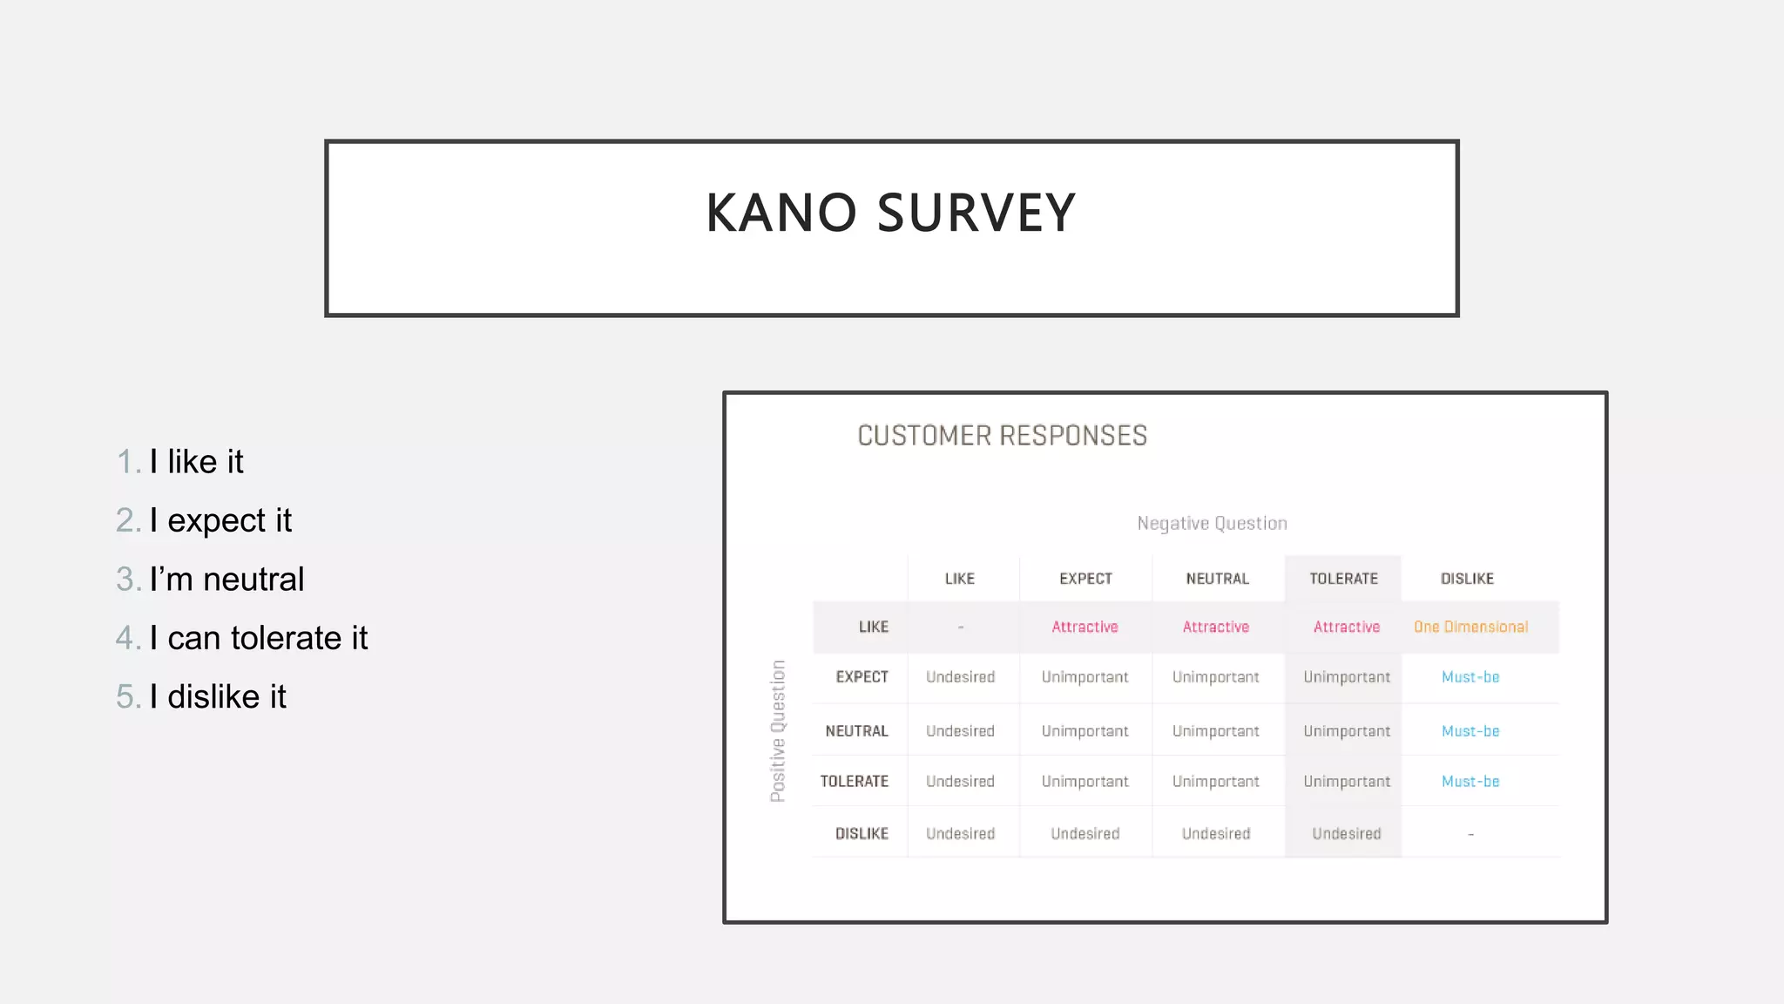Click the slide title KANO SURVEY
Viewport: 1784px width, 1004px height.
coord(890,213)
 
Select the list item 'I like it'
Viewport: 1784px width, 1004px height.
coord(196,461)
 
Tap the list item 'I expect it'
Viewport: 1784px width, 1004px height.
coord(220,520)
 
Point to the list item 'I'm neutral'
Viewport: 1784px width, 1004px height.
coord(226,579)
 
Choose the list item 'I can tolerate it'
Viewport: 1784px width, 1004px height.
coord(258,638)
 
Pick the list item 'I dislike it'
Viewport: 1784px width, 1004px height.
coord(218,696)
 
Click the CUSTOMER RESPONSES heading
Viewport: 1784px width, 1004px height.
coord(1002,435)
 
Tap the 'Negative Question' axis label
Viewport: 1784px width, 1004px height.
coord(1212,523)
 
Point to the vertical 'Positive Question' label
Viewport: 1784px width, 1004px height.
coord(778,730)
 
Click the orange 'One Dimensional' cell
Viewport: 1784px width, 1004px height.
coord(1470,627)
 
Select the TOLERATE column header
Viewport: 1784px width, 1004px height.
coord(1343,579)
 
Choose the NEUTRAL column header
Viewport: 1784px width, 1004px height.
coord(1217,579)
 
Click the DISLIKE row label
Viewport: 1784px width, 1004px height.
coord(862,834)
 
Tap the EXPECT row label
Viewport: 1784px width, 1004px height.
coord(862,677)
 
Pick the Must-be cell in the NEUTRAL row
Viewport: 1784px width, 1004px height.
coord(1470,731)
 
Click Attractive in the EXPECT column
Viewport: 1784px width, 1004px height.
coord(1085,627)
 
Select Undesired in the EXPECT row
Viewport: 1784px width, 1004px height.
coord(960,677)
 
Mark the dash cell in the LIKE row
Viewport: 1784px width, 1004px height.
coord(960,627)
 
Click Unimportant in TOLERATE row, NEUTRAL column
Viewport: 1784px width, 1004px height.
coord(1215,782)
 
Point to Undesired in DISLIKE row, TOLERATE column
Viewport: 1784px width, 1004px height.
coord(1346,834)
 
